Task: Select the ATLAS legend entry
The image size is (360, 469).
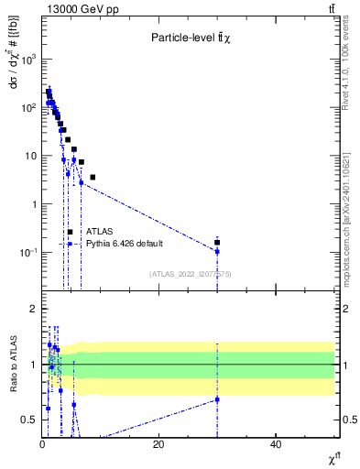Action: [99, 232]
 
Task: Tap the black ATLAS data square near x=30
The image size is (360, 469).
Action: [217, 242]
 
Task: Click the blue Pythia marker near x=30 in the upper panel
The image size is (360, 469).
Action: [217, 251]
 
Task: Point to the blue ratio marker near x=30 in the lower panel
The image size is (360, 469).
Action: [217, 399]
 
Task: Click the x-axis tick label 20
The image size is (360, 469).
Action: [158, 444]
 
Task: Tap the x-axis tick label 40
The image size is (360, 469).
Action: [276, 444]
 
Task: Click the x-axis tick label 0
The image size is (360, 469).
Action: [42, 444]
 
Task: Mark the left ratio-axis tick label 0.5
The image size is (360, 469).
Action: [27, 420]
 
